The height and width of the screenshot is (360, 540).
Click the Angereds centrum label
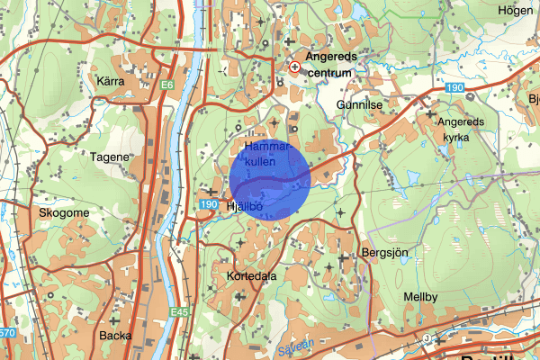332,63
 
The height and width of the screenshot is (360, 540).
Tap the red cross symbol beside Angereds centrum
295,66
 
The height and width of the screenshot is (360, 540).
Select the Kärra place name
109,81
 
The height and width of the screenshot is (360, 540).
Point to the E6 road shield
167,85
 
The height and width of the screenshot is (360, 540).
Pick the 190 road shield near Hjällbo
211,205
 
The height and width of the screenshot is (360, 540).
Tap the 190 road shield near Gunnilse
454,87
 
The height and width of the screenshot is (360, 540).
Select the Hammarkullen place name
265,152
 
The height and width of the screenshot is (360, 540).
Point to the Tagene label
111,156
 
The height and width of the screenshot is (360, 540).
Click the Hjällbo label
244,206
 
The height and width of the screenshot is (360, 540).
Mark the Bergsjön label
384,254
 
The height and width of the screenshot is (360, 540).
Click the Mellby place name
420,296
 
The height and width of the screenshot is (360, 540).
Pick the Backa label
116,335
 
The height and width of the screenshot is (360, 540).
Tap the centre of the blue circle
270,180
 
